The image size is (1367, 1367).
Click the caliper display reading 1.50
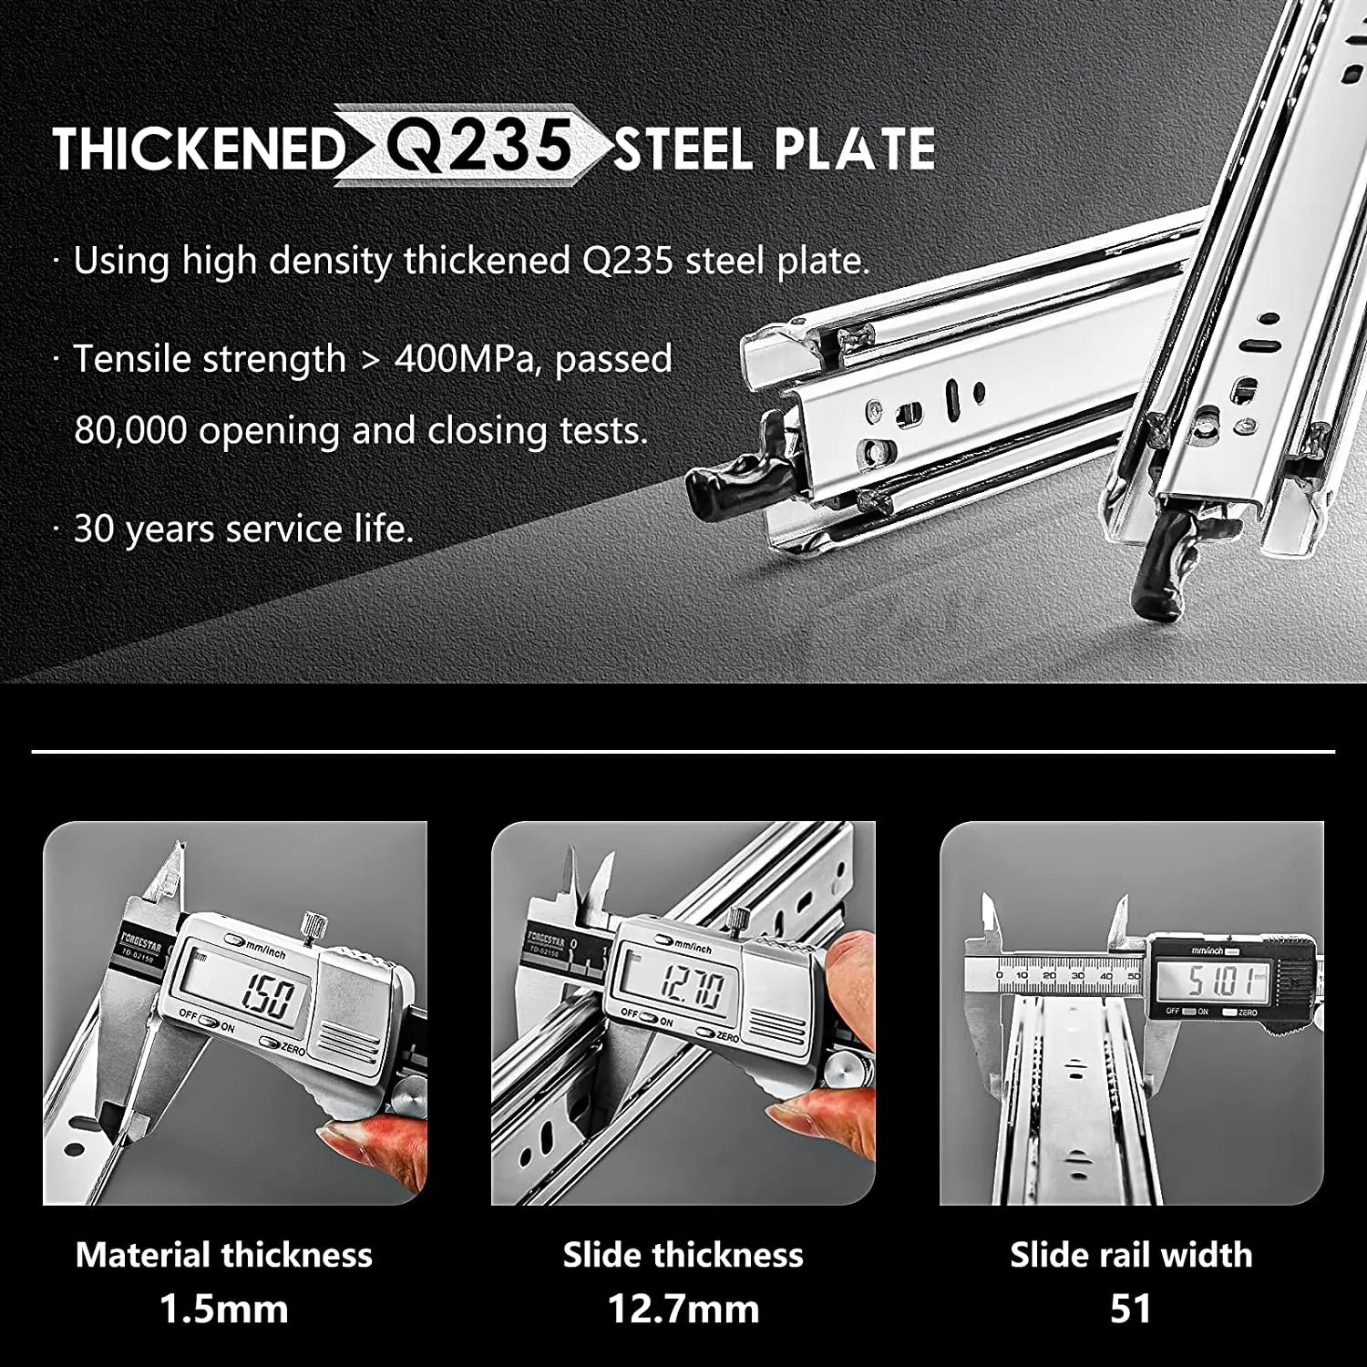(x=265, y=995)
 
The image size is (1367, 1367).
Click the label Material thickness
(x=224, y=1255)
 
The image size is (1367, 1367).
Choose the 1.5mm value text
(x=224, y=1310)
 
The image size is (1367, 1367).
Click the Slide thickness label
(x=683, y=1255)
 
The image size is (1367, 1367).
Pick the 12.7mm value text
(x=683, y=1310)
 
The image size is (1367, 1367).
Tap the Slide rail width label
(x=1131, y=1255)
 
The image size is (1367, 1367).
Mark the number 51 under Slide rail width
(x=1131, y=1310)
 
